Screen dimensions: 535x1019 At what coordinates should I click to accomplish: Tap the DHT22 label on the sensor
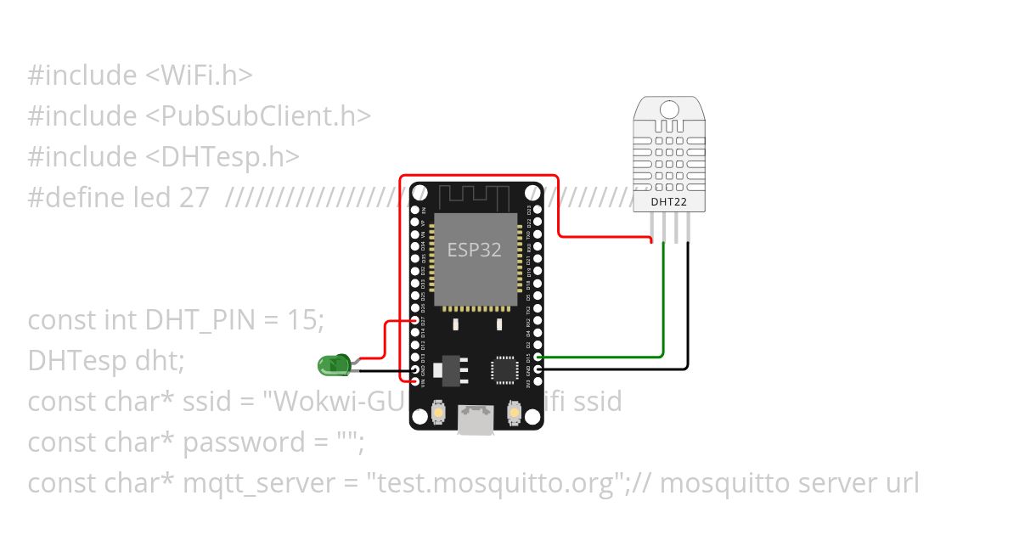(x=668, y=202)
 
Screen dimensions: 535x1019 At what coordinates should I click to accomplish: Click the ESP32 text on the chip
(x=474, y=250)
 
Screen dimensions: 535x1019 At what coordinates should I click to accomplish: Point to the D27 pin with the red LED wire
(x=415, y=321)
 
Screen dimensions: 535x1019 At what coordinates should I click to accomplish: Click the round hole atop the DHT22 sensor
(x=670, y=110)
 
